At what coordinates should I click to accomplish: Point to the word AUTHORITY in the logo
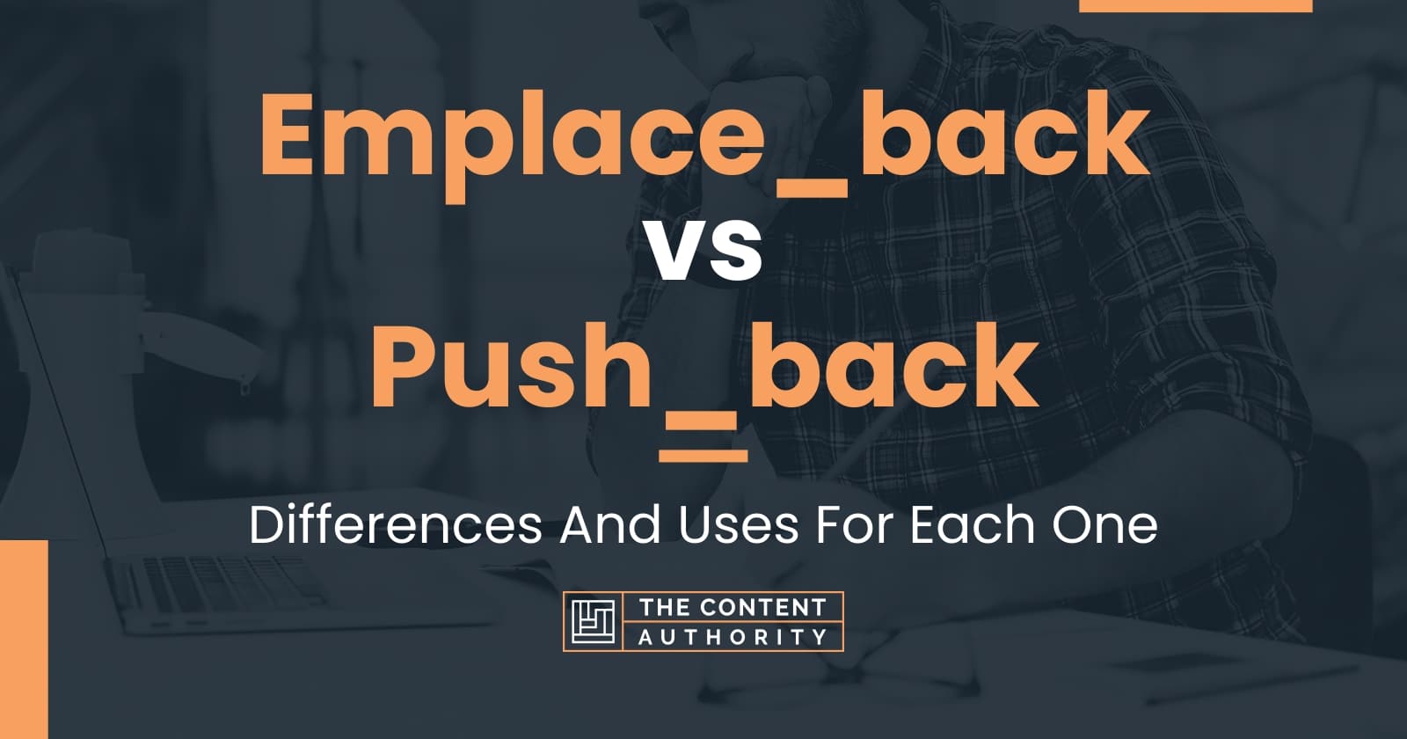click(733, 637)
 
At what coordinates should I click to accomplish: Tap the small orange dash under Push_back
click(703, 455)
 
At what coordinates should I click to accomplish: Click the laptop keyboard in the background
click(211, 581)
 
